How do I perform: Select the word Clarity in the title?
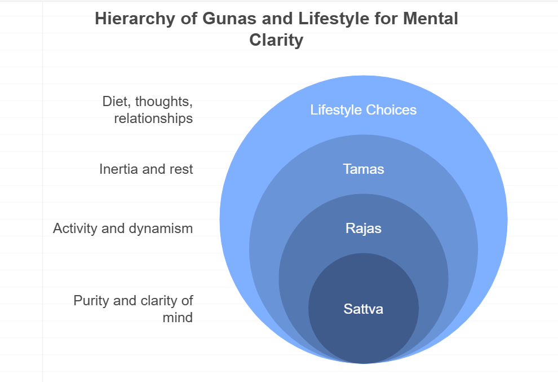tap(276, 40)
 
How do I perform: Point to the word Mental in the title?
tap(430, 19)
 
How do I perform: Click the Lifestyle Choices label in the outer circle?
tap(364, 110)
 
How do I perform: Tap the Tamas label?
tap(364, 169)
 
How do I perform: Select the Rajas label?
tap(364, 229)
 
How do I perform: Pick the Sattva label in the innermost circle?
tap(364, 309)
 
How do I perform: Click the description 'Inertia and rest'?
tap(146, 169)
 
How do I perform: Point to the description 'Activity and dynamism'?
tap(123, 229)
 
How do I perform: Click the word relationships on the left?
tap(153, 118)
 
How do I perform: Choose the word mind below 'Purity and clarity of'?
tap(178, 318)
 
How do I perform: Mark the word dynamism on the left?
tap(161, 229)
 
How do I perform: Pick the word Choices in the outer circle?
tap(391, 110)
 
